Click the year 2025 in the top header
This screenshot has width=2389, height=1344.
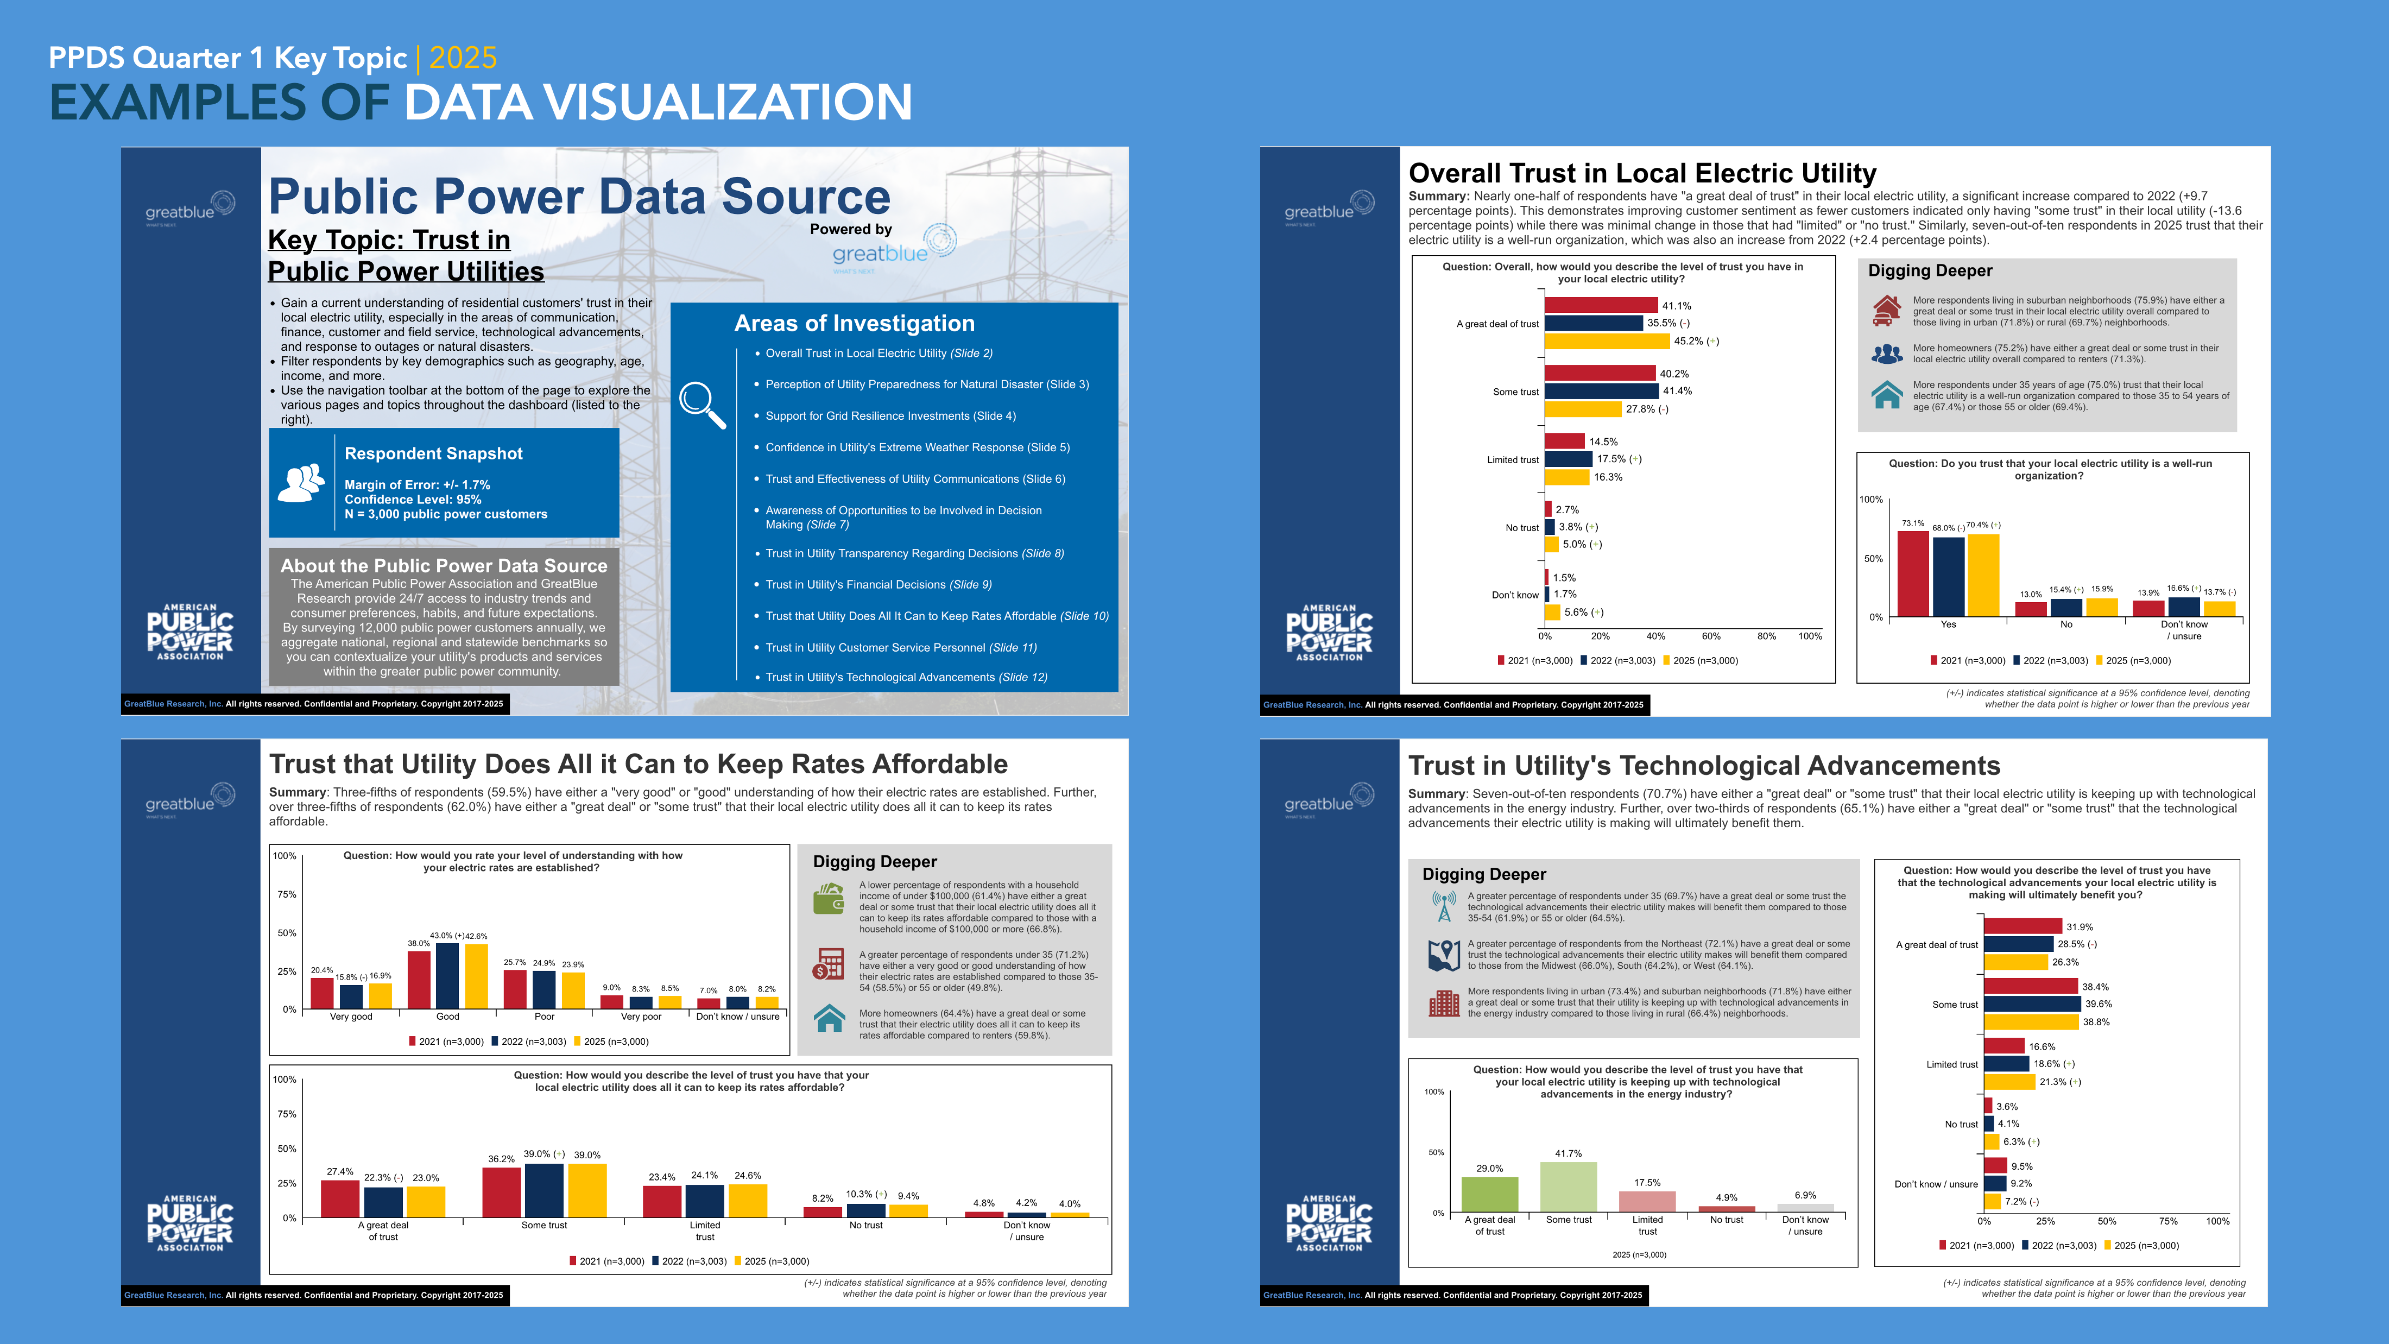pyautogui.click(x=463, y=58)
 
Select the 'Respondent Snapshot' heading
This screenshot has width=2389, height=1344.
pyautogui.click(x=433, y=453)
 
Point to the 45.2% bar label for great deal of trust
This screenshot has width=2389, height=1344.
pyautogui.click(x=1695, y=342)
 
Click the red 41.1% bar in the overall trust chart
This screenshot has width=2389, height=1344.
pyautogui.click(x=1601, y=305)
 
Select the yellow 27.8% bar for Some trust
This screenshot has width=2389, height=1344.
pyautogui.click(x=1583, y=409)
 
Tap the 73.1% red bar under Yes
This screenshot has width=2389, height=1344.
pyautogui.click(x=1912, y=573)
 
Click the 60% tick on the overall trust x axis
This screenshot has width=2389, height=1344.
pyautogui.click(x=1711, y=636)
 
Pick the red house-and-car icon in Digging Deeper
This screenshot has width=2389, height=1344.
pyautogui.click(x=1886, y=311)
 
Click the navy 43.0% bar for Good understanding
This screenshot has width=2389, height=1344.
pyautogui.click(x=447, y=975)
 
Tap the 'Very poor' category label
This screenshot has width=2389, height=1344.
pyautogui.click(x=640, y=1017)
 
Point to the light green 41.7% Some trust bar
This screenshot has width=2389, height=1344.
pyautogui.click(x=1568, y=1187)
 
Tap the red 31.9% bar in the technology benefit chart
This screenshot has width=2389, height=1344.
pyautogui.click(x=2023, y=926)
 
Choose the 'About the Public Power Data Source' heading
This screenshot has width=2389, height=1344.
pyautogui.click(x=443, y=566)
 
